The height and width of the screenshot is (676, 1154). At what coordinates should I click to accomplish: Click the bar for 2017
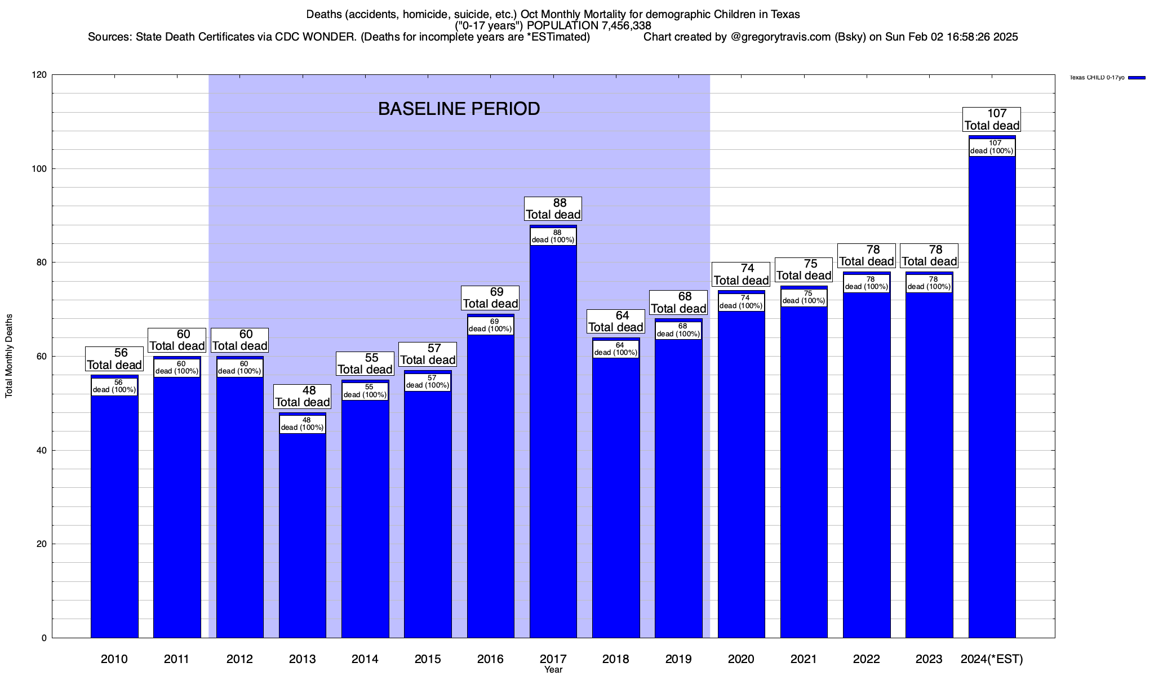click(553, 439)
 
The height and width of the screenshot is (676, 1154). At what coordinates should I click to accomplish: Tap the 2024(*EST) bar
click(992, 394)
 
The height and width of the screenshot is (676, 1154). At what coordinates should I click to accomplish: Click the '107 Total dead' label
click(992, 119)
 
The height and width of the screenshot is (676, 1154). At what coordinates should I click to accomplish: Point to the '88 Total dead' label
click(553, 208)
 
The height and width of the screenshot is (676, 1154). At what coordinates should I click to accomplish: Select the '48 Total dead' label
click(302, 396)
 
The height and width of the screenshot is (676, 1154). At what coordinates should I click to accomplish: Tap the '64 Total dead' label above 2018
click(616, 321)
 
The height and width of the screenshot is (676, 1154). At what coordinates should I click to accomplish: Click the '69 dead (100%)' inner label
click(490, 326)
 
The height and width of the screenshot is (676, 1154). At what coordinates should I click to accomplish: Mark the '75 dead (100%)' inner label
click(804, 297)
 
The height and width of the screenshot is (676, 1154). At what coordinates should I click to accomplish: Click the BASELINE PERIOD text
click(459, 109)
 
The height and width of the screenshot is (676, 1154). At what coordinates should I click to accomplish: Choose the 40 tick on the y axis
click(42, 450)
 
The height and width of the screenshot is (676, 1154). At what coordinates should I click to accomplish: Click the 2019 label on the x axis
click(678, 659)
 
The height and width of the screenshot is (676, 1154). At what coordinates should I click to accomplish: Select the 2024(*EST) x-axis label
click(992, 659)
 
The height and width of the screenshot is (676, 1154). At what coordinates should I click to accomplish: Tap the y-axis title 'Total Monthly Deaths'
click(9, 356)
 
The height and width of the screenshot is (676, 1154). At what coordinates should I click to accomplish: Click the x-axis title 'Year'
click(553, 670)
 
